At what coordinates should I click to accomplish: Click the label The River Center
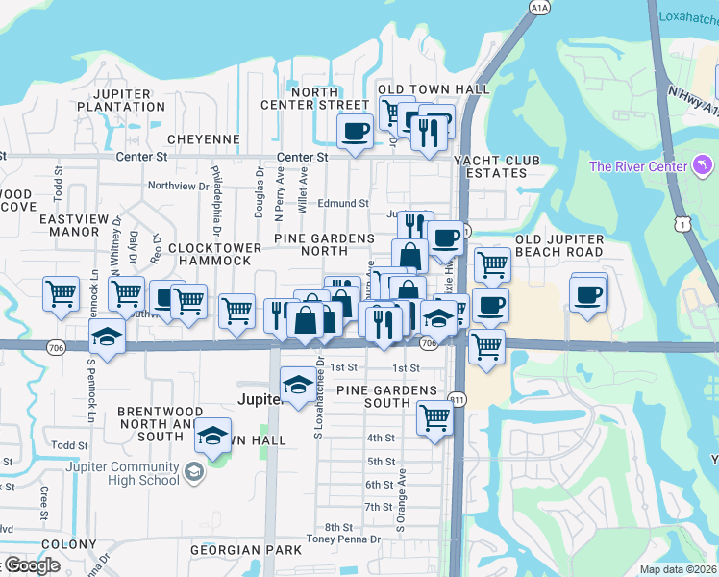[x=638, y=166]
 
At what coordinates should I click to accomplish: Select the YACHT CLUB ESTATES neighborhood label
[x=491, y=166]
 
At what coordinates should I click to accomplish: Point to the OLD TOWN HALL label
[x=434, y=89]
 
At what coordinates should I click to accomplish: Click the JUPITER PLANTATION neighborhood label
[x=121, y=100]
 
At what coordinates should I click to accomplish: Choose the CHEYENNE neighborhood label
[x=203, y=139]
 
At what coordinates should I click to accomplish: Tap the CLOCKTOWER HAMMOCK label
[x=214, y=254]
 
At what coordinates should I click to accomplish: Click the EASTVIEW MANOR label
[x=69, y=225]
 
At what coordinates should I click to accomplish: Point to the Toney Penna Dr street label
[x=343, y=539]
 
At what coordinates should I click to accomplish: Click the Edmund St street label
[x=343, y=204]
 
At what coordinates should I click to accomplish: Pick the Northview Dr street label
[x=178, y=186]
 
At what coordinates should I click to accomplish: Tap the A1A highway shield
[x=538, y=8]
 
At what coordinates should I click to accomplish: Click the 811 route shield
[x=458, y=400]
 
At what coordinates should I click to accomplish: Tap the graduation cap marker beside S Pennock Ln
[x=107, y=337]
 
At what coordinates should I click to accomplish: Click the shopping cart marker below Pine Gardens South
[x=434, y=418]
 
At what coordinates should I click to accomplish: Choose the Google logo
[x=32, y=565]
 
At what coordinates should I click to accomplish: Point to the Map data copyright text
[x=678, y=569]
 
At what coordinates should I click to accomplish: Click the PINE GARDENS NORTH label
[x=324, y=244]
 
